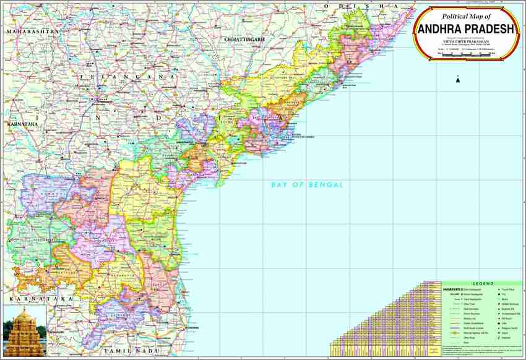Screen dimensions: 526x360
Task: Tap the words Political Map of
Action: coord(462,16)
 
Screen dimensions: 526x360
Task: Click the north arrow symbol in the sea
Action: coord(457,79)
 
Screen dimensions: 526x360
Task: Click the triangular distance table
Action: coord(384,322)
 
